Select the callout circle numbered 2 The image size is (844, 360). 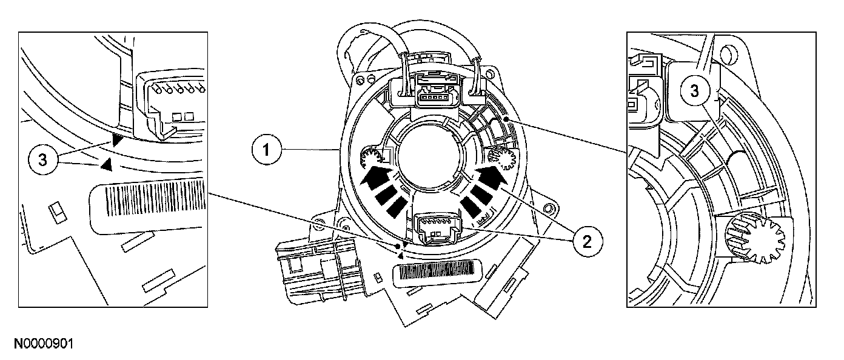(x=586, y=241)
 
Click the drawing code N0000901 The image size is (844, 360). (x=44, y=344)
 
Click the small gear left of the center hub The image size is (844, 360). (x=369, y=159)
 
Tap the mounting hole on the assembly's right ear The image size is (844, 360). (x=549, y=209)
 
